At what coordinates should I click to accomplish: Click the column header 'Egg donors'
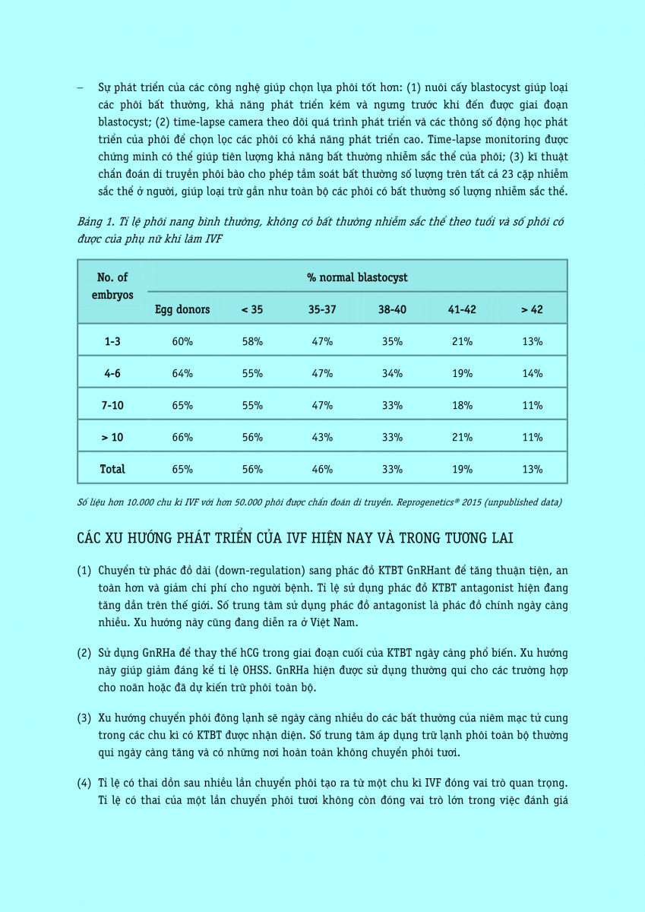tap(182, 309)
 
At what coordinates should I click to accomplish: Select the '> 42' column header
tap(532, 309)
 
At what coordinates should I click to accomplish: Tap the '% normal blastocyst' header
tap(357, 277)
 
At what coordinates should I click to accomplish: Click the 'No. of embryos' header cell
tap(112, 286)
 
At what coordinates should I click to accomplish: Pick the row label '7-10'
tap(112, 405)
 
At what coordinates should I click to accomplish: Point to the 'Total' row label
tap(112, 469)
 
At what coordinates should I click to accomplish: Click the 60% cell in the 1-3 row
tap(182, 341)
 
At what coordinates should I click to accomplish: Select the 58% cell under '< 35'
tap(252, 341)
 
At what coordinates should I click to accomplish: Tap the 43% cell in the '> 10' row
tap(322, 437)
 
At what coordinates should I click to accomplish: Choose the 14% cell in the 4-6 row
tap(532, 373)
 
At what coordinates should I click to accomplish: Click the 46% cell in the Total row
tap(322, 469)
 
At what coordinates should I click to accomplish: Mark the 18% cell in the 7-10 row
tap(462, 405)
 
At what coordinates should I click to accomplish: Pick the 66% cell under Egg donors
tap(182, 437)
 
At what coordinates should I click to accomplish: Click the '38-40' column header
tap(392, 309)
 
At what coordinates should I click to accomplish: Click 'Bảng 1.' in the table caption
tap(96, 222)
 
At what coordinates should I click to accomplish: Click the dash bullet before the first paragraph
tap(80, 87)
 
